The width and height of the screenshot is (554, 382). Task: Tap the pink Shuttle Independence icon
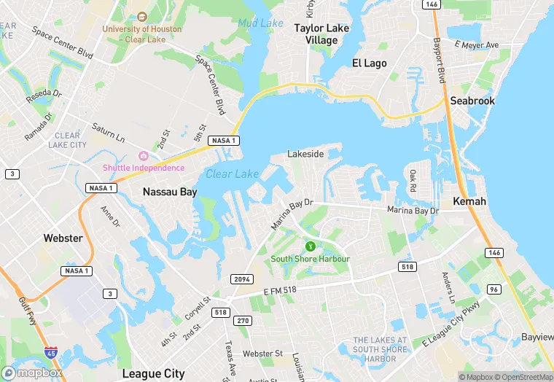pyautogui.click(x=143, y=156)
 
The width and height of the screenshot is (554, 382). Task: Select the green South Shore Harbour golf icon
pyautogui.click(x=311, y=247)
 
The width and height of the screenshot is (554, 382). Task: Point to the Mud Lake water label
pyautogui.click(x=260, y=23)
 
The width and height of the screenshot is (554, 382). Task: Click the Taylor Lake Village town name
pyautogui.click(x=321, y=34)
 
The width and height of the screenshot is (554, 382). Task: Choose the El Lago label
pyautogui.click(x=370, y=63)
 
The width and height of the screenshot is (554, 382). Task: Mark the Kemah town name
pyautogui.click(x=469, y=200)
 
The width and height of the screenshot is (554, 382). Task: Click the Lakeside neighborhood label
pyautogui.click(x=305, y=155)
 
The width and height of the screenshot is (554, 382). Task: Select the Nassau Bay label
pyautogui.click(x=170, y=192)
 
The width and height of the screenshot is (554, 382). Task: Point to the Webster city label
pyautogui.click(x=63, y=238)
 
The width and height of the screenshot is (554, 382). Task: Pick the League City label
pyautogui.click(x=154, y=373)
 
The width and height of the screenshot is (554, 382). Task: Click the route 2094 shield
pyautogui.click(x=241, y=280)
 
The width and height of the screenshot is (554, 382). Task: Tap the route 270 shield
pyautogui.click(x=243, y=321)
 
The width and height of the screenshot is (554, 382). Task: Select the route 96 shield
pyautogui.click(x=494, y=289)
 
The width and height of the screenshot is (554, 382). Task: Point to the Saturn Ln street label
pyautogui.click(x=109, y=132)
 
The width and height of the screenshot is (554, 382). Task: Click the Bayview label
pyautogui.click(x=537, y=338)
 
